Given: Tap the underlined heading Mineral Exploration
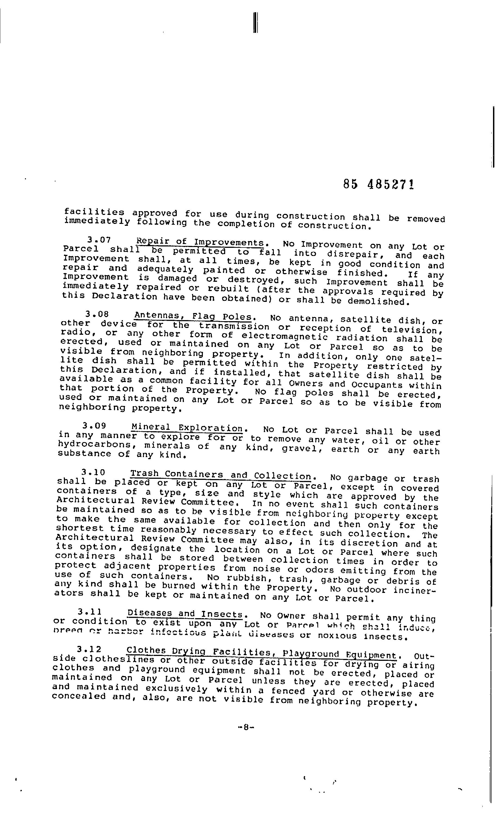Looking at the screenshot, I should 187,428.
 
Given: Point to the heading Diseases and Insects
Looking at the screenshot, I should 185,614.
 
